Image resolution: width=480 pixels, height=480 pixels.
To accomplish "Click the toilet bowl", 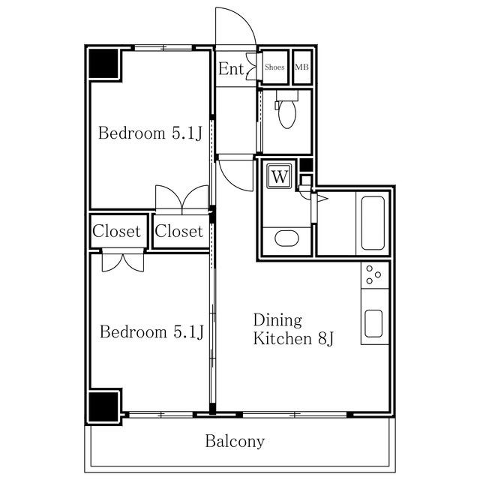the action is [x=287, y=113].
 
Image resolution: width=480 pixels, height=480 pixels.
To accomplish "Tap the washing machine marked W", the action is [x=279, y=176].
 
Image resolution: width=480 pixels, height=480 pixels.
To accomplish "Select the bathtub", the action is [x=373, y=223].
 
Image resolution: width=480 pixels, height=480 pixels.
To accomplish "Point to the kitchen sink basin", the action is [x=373, y=323].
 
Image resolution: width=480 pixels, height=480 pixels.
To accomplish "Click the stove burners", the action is [x=373, y=274].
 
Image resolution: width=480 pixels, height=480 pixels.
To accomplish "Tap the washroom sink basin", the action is [x=286, y=238].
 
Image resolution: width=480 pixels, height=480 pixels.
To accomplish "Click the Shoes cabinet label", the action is [x=274, y=67].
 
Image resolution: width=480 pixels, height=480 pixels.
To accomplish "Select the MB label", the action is [x=301, y=67].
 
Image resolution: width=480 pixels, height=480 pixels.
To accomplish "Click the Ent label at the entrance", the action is [x=231, y=68].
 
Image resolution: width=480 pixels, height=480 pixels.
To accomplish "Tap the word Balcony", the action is [x=235, y=441].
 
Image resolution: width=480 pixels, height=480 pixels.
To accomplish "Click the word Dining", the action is [x=277, y=320].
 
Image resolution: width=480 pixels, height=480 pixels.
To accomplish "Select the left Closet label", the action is [x=116, y=231].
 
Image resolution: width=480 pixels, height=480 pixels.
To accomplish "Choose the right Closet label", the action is [x=179, y=231].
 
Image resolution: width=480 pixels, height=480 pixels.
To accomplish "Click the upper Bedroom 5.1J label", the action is [x=150, y=133].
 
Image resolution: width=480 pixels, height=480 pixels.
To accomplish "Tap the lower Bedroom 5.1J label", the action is [x=151, y=331].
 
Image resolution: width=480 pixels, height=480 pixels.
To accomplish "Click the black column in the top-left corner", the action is [x=103, y=63].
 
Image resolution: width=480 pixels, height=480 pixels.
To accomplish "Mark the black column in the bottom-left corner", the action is [x=103, y=406].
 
